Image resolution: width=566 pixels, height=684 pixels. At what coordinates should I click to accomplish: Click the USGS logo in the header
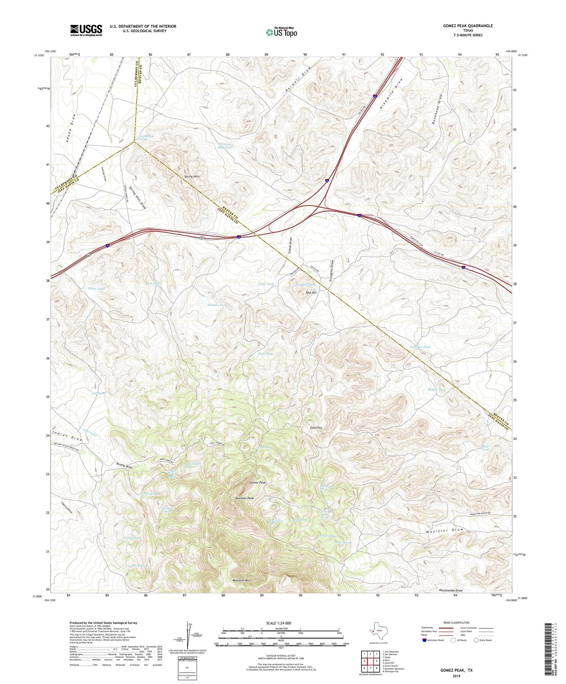[x=86, y=30]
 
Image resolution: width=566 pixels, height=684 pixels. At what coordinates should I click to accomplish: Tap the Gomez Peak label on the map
[x=257, y=483]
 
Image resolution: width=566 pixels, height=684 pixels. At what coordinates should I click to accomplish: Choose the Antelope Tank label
[x=420, y=347]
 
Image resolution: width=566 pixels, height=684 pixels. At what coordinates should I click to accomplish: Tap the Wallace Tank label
[x=217, y=305]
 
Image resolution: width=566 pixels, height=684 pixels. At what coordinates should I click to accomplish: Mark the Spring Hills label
[x=192, y=177]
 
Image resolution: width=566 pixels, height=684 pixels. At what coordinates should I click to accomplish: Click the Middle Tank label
[x=436, y=390]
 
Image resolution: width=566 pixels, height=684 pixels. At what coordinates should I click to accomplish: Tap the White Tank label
[x=96, y=289]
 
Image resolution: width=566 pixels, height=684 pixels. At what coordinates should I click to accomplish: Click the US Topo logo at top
[x=281, y=32]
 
